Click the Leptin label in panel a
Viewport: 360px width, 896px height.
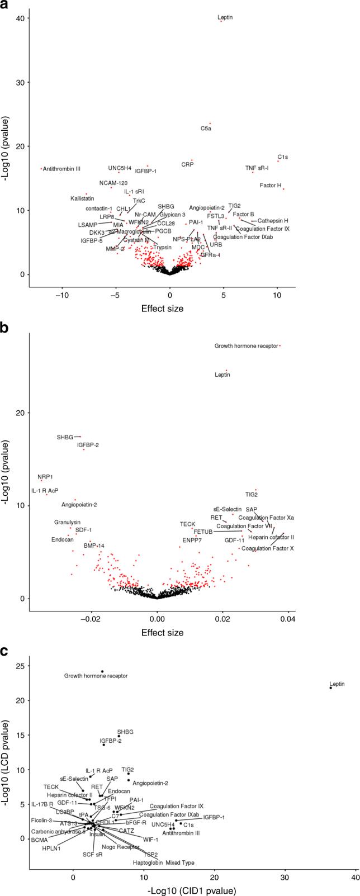coord(225,17)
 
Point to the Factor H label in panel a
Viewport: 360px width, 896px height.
coord(271,185)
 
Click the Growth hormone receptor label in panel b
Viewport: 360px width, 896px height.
coord(246,346)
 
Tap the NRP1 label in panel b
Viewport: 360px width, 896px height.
coord(45,477)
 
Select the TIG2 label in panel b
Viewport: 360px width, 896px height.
coord(252,494)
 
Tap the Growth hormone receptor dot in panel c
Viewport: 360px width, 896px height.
coord(102,671)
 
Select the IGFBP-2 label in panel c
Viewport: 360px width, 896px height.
coord(111,741)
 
